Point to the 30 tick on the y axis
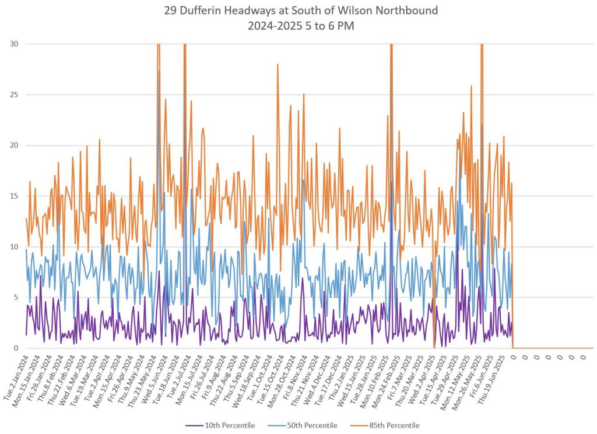pyautogui.click(x=13, y=44)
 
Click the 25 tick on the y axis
pyautogui.click(x=13, y=94)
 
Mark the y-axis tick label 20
pyautogui.click(x=13, y=145)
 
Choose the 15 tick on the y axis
pyautogui.click(x=13, y=196)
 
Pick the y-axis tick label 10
pyautogui.click(x=13, y=246)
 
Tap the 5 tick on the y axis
pyautogui.click(x=15, y=297)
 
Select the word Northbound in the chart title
pyautogui.click(x=412, y=10)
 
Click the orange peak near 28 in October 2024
pyautogui.click(x=278, y=65)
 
